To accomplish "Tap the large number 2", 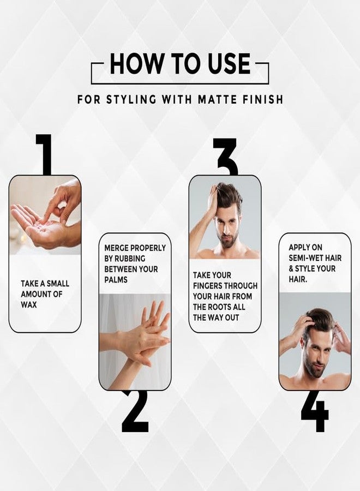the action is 135,411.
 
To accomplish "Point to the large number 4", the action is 315,410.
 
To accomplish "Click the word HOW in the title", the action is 137,63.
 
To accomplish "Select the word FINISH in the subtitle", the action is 263,100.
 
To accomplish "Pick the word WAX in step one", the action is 29,304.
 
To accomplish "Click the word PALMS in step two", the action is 116,280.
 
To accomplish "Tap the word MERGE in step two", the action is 117,248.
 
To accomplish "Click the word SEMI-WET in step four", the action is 307,258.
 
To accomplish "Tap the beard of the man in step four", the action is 314,369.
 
